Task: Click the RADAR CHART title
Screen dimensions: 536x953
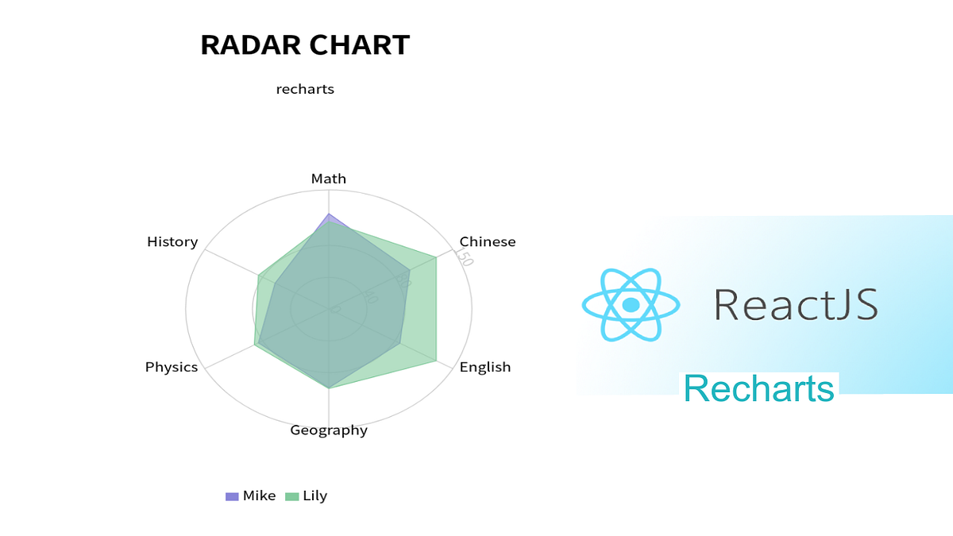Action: [x=305, y=45]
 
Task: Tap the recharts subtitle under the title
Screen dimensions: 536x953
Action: [x=305, y=89]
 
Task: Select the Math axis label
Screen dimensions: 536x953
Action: [x=329, y=179]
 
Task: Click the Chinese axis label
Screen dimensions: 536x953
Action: [x=488, y=241]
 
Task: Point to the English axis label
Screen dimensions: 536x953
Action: [x=485, y=367]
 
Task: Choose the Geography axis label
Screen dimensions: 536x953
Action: [x=329, y=430]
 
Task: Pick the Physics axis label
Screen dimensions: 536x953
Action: [x=172, y=367]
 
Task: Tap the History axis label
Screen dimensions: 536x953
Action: [x=172, y=241]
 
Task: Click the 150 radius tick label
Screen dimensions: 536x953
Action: [x=464, y=257]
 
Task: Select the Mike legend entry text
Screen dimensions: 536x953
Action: [x=260, y=496]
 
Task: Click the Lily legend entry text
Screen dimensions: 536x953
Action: [x=315, y=496]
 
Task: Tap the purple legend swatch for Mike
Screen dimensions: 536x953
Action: [x=232, y=496]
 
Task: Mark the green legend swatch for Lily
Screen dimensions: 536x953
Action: [x=292, y=496]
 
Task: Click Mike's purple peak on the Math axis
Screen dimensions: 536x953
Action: [x=329, y=214]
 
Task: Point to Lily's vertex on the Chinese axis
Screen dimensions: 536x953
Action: [x=436, y=256]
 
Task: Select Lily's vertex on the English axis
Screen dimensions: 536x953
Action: [x=436, y=361]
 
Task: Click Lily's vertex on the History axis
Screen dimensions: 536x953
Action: [x=259, y=276]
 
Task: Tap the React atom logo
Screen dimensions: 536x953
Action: [x=631, y=305]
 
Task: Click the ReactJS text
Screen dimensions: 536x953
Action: [x=796, y=305]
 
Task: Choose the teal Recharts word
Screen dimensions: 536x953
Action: [x=759, y=389]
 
